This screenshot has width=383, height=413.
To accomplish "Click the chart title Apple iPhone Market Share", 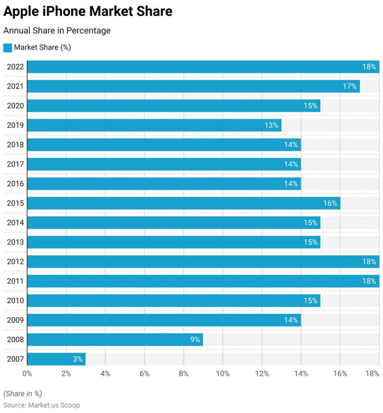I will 88,12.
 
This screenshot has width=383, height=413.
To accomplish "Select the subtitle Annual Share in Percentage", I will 57,31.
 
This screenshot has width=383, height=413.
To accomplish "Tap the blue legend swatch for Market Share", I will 8,48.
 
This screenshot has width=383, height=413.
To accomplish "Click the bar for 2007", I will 56,359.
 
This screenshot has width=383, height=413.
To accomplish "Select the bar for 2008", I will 115,340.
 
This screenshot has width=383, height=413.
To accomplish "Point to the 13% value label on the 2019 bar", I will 271,125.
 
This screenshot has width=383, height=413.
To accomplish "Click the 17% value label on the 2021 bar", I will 350,86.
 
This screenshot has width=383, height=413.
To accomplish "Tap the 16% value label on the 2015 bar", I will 330,203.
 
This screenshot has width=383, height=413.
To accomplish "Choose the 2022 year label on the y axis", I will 15,67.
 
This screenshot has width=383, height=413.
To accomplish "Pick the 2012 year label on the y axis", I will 15,262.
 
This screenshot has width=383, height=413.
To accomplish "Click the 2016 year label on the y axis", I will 15,184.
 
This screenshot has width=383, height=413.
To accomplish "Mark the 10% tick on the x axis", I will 223,374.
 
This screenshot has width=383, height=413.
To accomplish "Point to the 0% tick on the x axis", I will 27,374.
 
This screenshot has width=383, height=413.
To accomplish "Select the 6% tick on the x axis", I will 144,374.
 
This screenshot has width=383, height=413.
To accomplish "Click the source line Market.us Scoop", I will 41,405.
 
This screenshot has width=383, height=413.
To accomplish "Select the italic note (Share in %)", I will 23,394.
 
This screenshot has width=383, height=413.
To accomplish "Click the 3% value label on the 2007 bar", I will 78,359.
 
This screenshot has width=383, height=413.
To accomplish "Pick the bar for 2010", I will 173,300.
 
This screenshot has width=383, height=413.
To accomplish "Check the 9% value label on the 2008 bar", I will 195,340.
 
